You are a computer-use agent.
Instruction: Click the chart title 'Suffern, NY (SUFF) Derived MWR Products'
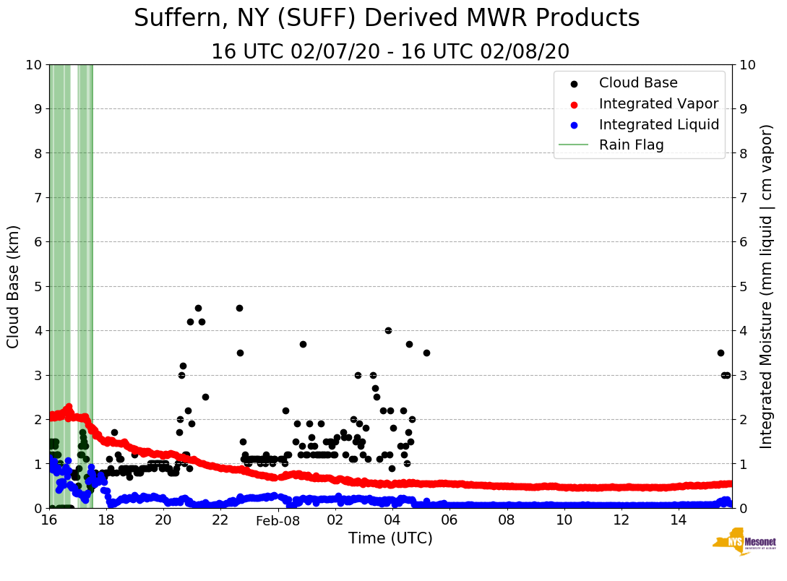tap(387, 18)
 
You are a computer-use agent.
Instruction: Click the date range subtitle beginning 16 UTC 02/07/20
tap(390, 52)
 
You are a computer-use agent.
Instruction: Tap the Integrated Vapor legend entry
tap(658, 104)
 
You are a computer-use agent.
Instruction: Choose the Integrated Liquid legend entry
tap(658, 124)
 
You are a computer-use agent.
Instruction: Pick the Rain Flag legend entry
tap(631, 145)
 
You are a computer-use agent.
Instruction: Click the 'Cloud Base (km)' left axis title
tap(14, 286)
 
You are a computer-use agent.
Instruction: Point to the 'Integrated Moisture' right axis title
tap(767, 286)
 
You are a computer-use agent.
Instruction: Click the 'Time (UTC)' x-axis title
tap(390, 538)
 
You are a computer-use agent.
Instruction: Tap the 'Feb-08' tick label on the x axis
tap(278, 520)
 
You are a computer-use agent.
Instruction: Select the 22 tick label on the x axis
tap(220, 520)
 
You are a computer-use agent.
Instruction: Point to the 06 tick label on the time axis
tap(450, 520)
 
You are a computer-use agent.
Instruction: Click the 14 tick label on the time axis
tap(678, 520)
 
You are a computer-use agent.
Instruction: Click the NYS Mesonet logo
tap(744, 543)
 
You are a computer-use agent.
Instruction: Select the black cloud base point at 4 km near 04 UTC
tap(388, 330)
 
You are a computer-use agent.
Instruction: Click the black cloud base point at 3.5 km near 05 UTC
tap(426, 353)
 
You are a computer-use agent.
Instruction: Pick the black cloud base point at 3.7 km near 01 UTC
tap(303, 344)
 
